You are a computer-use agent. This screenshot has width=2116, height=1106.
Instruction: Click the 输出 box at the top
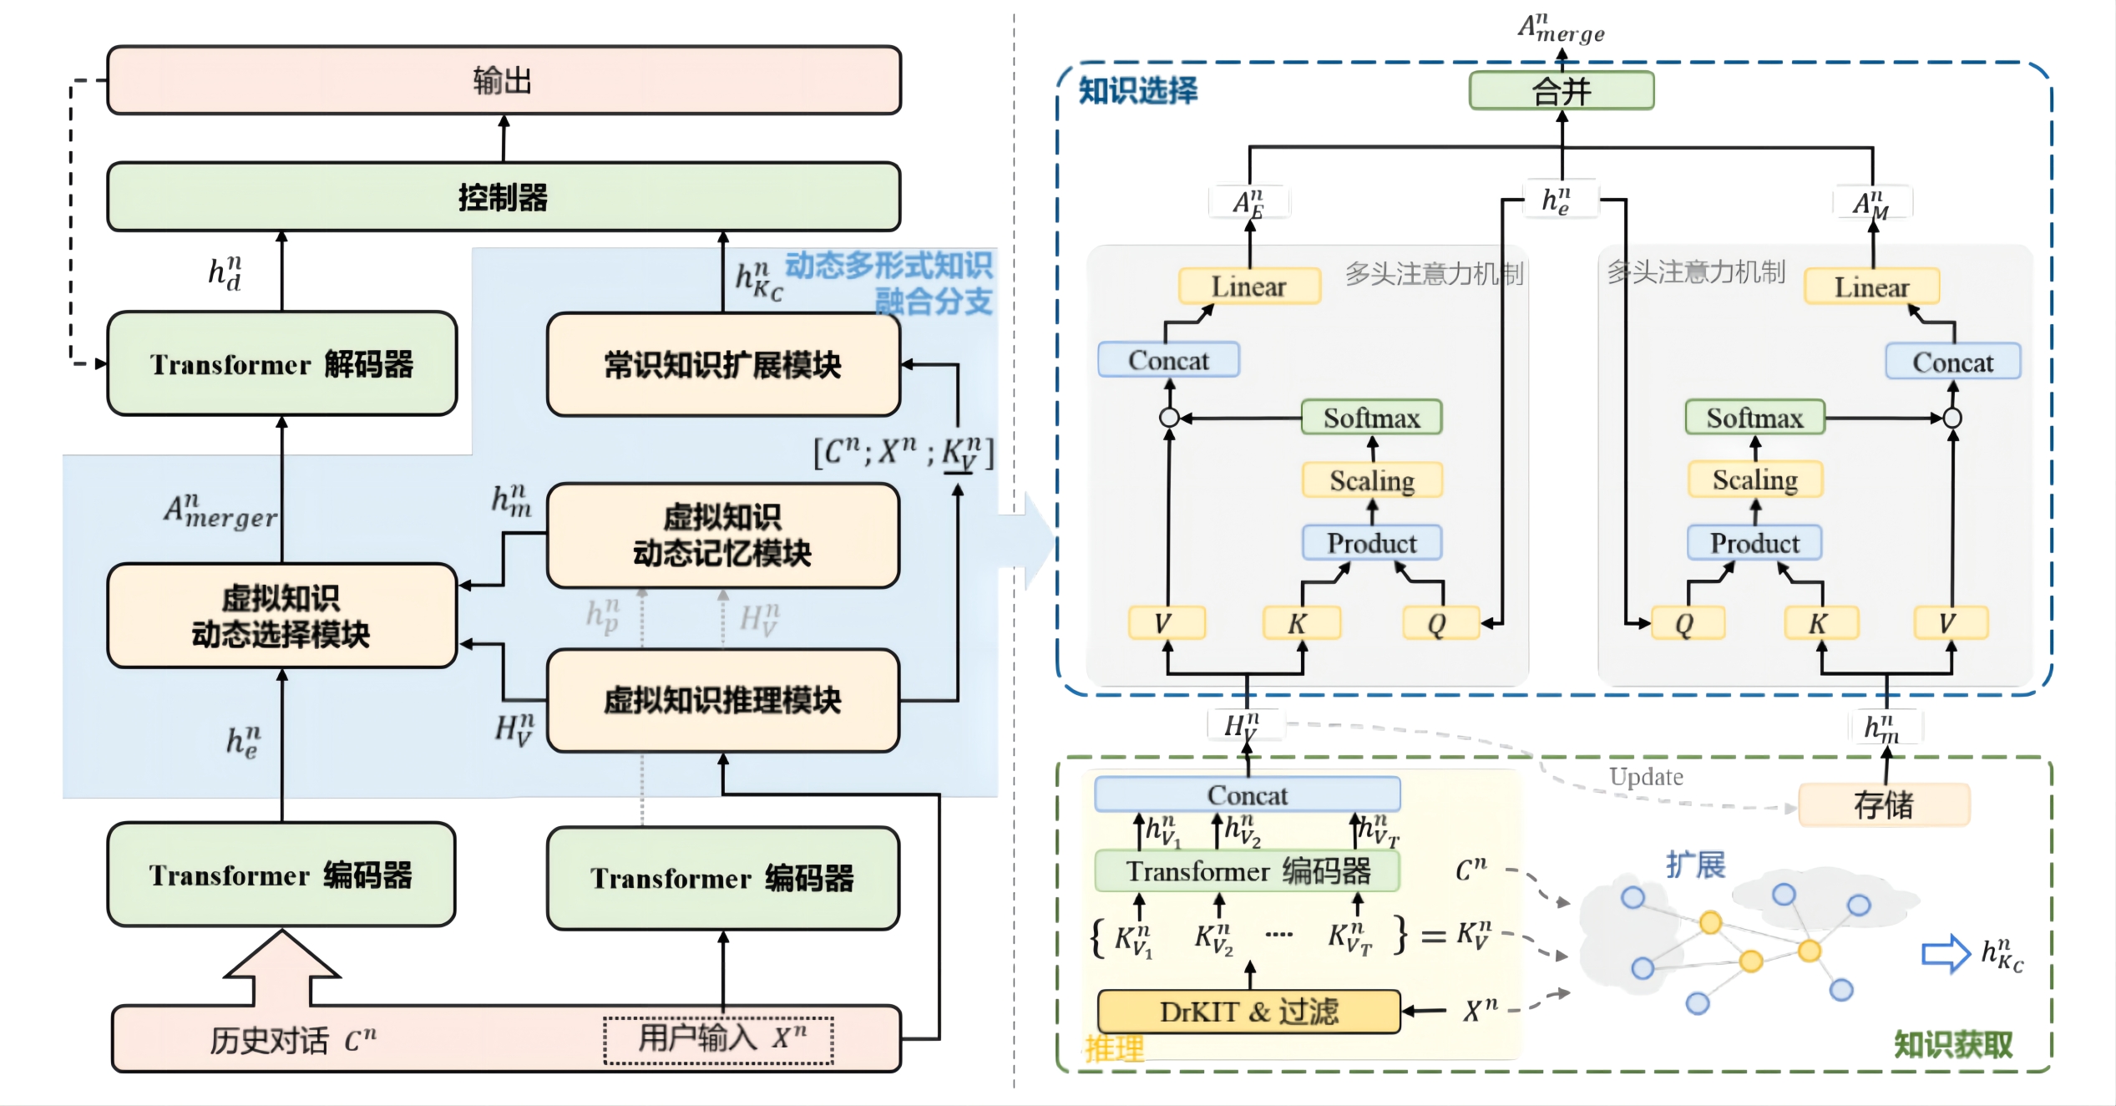(x=504, y=80)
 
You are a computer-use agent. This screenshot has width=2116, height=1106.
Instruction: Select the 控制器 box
(x=504, y=197)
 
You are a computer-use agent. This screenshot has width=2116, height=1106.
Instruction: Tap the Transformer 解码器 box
(x=282, y=364)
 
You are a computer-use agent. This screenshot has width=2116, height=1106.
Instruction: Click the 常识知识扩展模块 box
(x=723, y=365)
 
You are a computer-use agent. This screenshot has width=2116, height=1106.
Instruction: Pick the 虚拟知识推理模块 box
(x=723, y=700)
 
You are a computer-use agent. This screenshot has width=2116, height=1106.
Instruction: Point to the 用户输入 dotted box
(x=719, y=1040)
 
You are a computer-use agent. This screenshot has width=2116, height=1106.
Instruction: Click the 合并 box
(x=1562, y=90)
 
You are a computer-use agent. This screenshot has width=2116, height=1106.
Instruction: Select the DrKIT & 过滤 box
(x=1248, y=1012)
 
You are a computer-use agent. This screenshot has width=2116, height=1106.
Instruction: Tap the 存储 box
(x=1884, y=805)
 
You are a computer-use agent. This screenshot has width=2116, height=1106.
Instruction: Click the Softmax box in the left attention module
(x=1371, y=418)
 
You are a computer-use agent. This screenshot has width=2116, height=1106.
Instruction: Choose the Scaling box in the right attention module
(x=1755, y=479)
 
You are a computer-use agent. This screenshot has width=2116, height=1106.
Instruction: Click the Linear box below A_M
(x=1871, y=287)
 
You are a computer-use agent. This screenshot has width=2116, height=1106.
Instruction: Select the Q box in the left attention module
(x=1437, y=623)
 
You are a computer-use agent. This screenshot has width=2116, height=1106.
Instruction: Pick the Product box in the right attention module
(x=1754, y=543)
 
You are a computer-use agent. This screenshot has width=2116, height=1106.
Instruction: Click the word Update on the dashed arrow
(x=1646, y=776)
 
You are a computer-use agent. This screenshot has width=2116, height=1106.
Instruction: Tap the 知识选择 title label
(x=1137, y=90)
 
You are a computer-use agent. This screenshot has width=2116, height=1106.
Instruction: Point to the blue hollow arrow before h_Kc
(x=1946, y=953)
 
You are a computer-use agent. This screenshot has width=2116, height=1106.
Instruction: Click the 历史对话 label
(x=269, y=1040)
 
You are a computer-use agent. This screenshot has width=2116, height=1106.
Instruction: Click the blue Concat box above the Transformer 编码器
(x=1248, y=794)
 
